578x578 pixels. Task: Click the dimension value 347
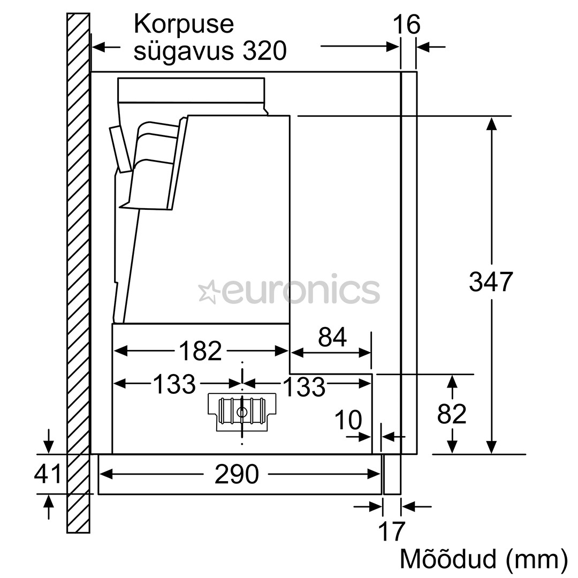tap(491, 282)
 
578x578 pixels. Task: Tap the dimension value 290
tap(236, 474)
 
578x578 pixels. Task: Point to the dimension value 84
tap(332, 337)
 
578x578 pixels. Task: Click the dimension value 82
tap(452, 414)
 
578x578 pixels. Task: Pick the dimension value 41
tap(48, 474)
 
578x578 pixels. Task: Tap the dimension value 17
tap(392, 531)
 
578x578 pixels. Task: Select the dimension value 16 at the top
tap(407, 25)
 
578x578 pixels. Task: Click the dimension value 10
tap(348, 421)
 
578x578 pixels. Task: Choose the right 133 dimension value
tap(303, 386)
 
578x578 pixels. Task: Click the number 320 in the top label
tap(264, 51)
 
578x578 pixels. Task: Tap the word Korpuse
tap(184, 25)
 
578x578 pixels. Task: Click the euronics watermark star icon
tap(207, 292)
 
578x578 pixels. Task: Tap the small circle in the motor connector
tap(241, 412)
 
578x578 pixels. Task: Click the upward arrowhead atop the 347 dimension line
tap(491, 123)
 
